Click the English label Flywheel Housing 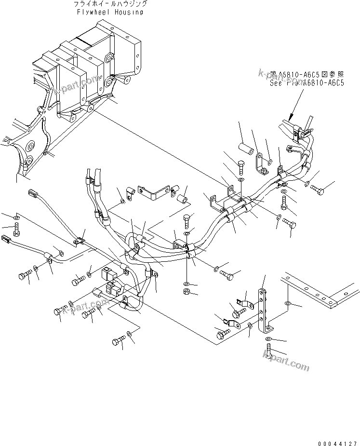(110, 12)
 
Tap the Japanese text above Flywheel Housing (110, 4)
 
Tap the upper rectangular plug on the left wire (33, 195)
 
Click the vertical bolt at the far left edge (16, 228)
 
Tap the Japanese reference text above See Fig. (307, 74)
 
